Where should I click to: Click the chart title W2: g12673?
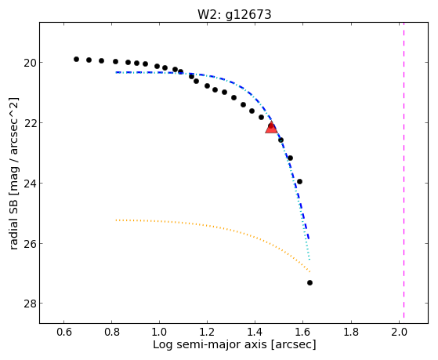pos(234,14)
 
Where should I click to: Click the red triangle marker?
pos(271,128)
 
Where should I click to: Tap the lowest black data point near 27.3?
pos(309,283)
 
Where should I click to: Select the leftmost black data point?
pos(76,59)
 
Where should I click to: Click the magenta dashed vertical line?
pos(404,170)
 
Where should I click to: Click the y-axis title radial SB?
pos(13,174)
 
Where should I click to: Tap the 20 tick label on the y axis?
pos(30,63)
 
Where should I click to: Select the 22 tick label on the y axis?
pos(30,123)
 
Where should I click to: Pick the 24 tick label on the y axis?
pos(30,184)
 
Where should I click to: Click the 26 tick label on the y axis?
pos(30,244)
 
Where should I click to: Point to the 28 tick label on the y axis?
pos(30,304)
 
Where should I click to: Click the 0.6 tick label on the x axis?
pos(64,333)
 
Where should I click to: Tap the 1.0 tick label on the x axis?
pos(160,333)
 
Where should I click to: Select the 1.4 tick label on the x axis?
pos(255,333)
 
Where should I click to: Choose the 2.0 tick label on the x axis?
pos(399,333)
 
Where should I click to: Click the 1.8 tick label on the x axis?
pos(351,333)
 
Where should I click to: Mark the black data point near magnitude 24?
pos(300,181)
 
